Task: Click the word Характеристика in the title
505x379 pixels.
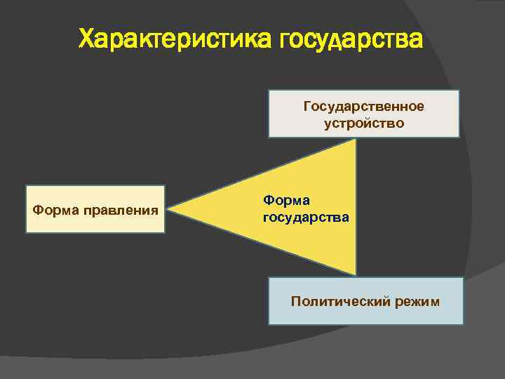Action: point(176,40)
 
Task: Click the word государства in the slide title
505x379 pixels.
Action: point(351,40)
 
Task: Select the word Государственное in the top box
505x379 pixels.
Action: point(363,106)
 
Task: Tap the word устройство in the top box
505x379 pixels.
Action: point(364,123)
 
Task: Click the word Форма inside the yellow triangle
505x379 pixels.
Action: point(284,201)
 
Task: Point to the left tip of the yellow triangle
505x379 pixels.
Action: point(170,208)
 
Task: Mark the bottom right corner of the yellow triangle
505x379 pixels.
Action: point(356,274)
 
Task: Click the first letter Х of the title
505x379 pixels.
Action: point(87,40)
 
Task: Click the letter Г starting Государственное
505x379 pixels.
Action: point(307,106)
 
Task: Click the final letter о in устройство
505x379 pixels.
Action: point(400,124)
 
